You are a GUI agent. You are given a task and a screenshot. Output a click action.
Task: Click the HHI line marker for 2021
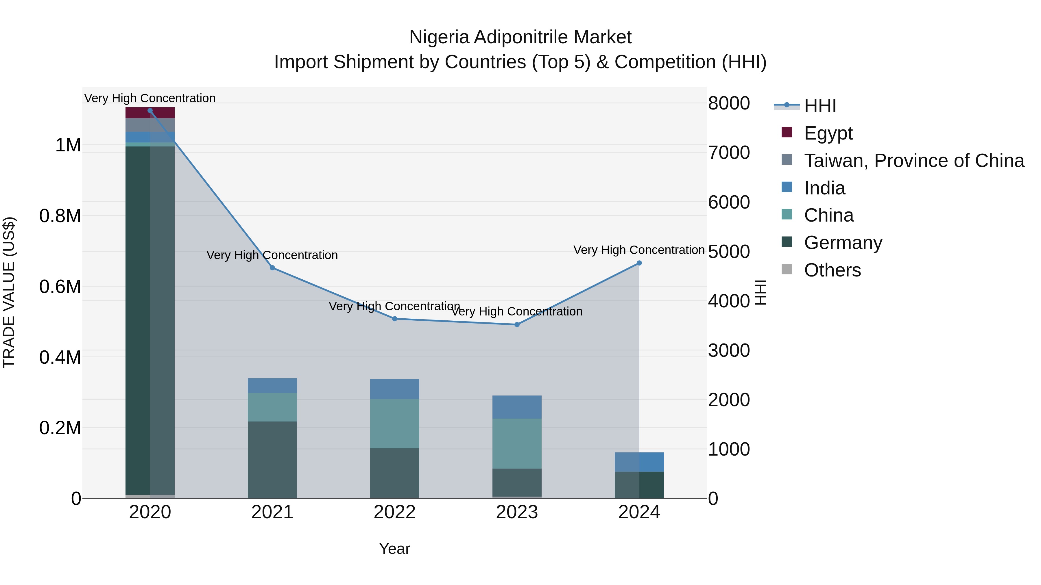click(x=272, y=268)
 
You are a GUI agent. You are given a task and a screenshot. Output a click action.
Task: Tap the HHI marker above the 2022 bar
click(x=395, y=319)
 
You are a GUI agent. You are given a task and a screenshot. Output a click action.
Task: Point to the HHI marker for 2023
click(x=517, y=325)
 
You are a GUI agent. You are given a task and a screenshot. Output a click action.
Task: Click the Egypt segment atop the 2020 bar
click(x=150, y=113)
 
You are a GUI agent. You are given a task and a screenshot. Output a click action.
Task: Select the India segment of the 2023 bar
click(x=517, y=407)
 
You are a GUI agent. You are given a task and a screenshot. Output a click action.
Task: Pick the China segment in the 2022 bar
click(x=395, y=424)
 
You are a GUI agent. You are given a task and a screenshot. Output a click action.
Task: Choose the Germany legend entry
click(x=843, y=243)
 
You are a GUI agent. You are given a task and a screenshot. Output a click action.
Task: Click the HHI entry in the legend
click(x=819, y=106)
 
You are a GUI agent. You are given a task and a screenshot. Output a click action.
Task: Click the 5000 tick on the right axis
click(x=729, y=252)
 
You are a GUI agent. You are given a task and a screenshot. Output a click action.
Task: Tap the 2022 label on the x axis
click(x=395, y=512)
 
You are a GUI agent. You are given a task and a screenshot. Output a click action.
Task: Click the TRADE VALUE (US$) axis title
click(x=9, y=292)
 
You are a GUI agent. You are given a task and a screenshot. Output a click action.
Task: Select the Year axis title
click(x=394, y=549)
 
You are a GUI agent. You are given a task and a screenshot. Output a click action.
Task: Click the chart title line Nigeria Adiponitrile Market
click(x=520, y=37)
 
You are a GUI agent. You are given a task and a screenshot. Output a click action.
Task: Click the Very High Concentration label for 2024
click(x=639, y=250)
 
